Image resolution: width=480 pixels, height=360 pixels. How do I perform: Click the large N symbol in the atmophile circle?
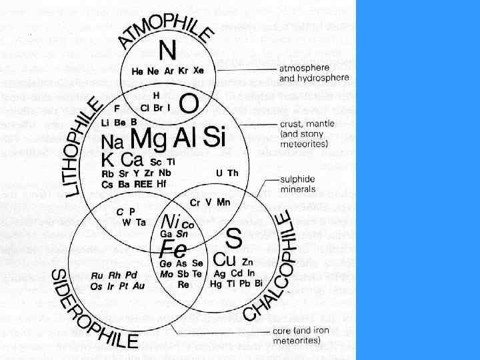pos(168,50)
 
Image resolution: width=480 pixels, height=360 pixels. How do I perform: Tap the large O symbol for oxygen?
pos(189,103)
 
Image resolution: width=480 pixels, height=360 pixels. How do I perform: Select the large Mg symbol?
pos(149,139)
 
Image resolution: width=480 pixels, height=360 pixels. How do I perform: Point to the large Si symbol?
pos(213,137)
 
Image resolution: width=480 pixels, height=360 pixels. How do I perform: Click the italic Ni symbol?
pos(171,221)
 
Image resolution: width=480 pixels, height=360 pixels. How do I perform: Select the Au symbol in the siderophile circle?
pos(139,286)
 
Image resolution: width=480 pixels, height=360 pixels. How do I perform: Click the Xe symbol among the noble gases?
pos(199,70)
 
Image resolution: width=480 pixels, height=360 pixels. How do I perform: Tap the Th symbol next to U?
pos(233,173)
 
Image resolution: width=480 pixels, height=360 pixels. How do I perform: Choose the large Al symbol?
pos(183,138)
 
